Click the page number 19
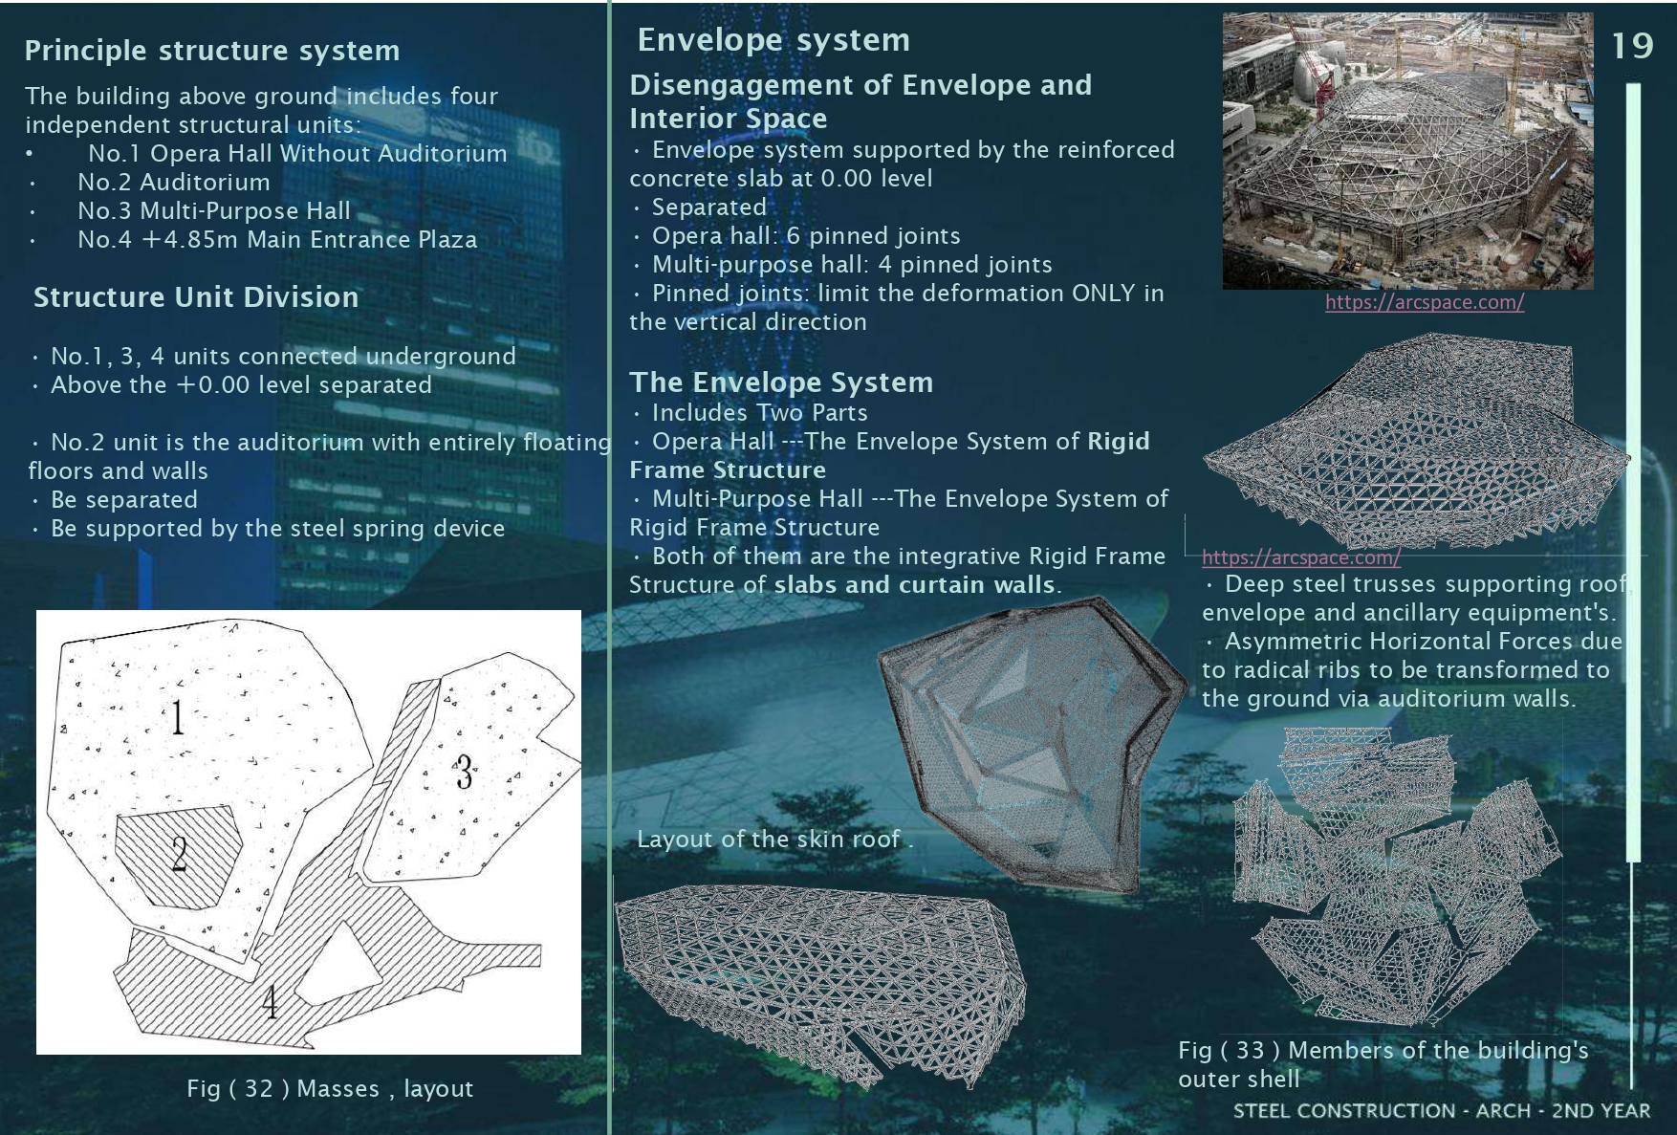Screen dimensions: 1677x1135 pyautogui.click(x=1632, y=45)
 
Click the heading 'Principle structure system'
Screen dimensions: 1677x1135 pyautogui.click(x=212, y=51)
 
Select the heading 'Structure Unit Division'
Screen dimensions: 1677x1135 pyautogui.click(x=196, y=297)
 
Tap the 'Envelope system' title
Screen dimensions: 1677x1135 pyautogui.click(x=773, y=40)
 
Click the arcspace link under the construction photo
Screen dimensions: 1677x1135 pyautogui.click(x=1425, y=302)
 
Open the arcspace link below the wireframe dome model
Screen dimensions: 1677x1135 pyautogui.click(x=1301, y=557)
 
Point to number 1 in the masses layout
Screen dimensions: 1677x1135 pyautogui.click(x=178, y=716)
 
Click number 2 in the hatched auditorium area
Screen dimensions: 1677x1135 pyautogui.click(x=179, y=853)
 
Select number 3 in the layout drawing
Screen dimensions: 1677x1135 pyautogui.click(x=464, y=773)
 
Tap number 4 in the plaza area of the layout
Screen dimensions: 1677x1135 pyautogui.click(x=271, y=1002)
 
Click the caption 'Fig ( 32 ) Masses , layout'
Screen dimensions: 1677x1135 pyautogui.click(x=330, y=1089)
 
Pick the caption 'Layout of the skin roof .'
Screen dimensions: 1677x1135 pyautogui.click(x=775, y=840)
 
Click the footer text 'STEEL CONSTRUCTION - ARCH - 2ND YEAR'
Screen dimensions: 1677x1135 pyautogui.click(x=1442, y=1111)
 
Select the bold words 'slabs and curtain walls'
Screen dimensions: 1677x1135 pyautogui.click(x=914, y=585)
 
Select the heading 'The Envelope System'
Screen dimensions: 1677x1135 pyautogui.click(x=781, y=382)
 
